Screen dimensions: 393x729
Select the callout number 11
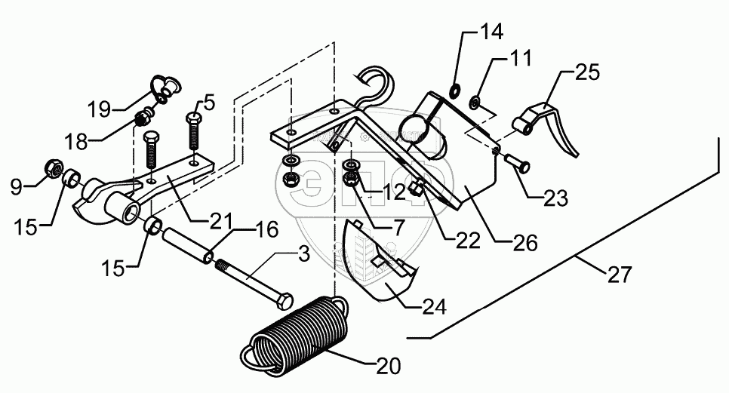(520, 57)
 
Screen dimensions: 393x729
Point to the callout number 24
(433, 307)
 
